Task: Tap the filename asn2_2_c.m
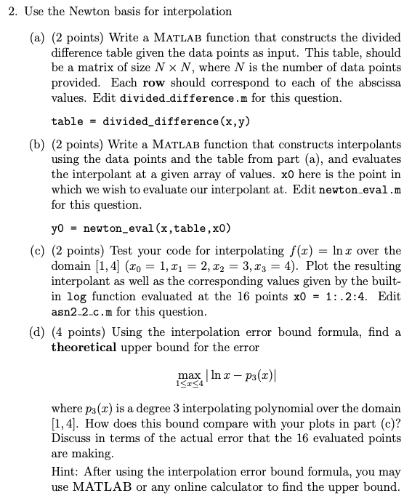(x=81, y=312)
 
